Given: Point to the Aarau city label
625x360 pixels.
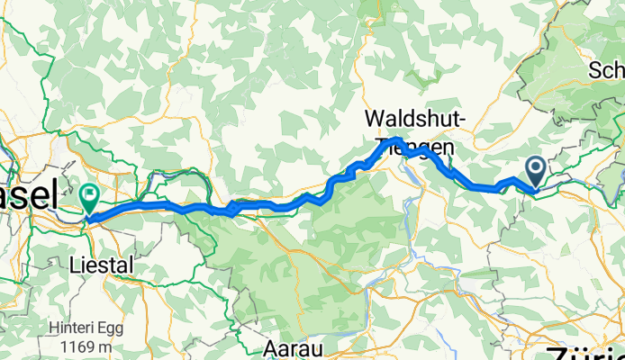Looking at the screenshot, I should pyautogui.click(x=294, y=346).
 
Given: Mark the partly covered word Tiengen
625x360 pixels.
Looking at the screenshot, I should pyautogui.click(x=416, y=144).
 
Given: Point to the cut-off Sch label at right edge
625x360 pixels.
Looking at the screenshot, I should pyautogui.click(x=606, y=70).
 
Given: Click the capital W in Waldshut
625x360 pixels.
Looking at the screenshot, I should pyautogui.click(x=374, y=118).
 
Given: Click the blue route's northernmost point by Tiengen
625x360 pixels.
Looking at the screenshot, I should pyautogui.click(x=397, y=139).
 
